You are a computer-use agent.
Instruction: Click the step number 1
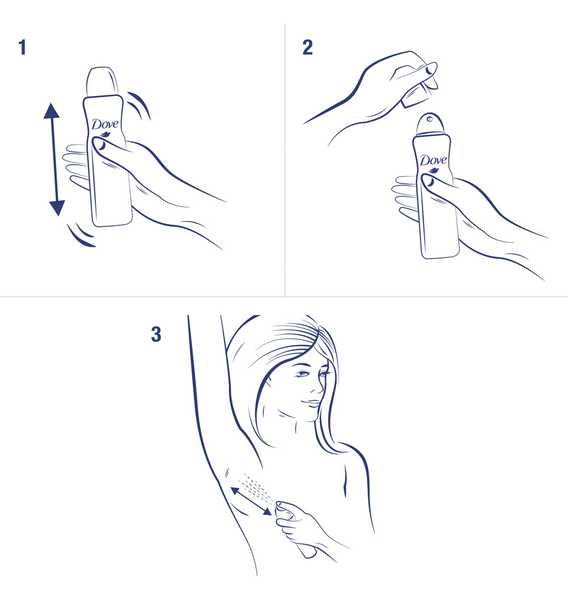pyautogui.click(x=22, y=48)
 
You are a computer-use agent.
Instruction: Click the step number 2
pyautogui.click(x=307, y=48)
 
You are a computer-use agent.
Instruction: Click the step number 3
pyautogui.click(x=156, y=334)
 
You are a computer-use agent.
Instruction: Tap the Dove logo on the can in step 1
pyautogui.click(x=105, y=125)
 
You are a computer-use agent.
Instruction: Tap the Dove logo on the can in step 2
pyautogui.click(x=433, y=160)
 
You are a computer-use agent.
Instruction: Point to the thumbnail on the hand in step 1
pyautogui.click(x=101, y=146)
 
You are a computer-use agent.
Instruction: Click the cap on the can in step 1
pyautogui.click(x=103, y=82)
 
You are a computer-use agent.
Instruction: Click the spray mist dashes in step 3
pyautogui.click(x=258, y=486)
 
